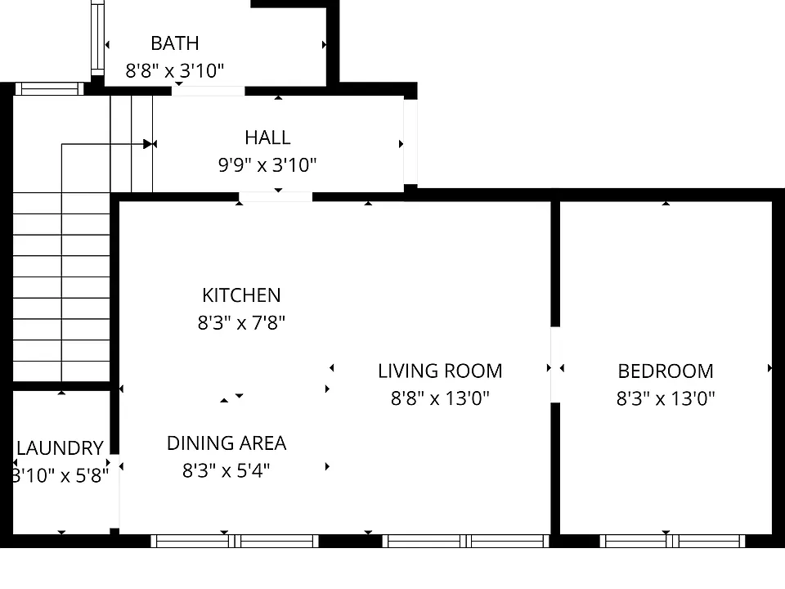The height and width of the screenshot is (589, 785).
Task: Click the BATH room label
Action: (175, 43)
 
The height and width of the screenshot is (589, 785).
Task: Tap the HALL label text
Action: (267, 137)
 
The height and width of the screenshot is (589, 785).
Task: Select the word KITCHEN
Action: (241, 295)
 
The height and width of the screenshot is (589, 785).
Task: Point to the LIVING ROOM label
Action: (440, 371)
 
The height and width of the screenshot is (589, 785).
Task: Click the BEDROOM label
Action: (666, 371)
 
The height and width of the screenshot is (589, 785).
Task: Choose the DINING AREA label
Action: (227, 443)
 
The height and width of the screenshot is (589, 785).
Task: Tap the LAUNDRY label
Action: (60, 448)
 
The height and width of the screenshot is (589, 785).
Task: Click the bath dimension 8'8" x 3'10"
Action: (175, 70)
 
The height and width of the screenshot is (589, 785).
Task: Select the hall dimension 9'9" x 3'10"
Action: (267, 164)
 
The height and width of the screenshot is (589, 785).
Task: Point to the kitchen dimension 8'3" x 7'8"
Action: (241, 323)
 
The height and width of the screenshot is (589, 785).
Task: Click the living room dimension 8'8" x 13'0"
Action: (440, 398)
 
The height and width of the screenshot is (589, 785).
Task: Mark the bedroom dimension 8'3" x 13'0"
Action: (666, 398)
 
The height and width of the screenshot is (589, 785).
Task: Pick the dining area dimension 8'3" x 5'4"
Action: (227, 471)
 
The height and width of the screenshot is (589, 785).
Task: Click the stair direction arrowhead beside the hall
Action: (148, 144)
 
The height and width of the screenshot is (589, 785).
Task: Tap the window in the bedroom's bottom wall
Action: (672, 541)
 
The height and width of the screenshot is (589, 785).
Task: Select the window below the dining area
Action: (235, 541)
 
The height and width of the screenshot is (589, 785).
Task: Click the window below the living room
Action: (466, 541)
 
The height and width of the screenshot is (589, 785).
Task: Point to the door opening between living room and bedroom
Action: (555, 365)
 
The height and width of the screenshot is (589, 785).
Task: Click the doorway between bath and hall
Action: (209, 91)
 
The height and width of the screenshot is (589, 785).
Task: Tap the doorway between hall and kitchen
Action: (276, 197)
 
